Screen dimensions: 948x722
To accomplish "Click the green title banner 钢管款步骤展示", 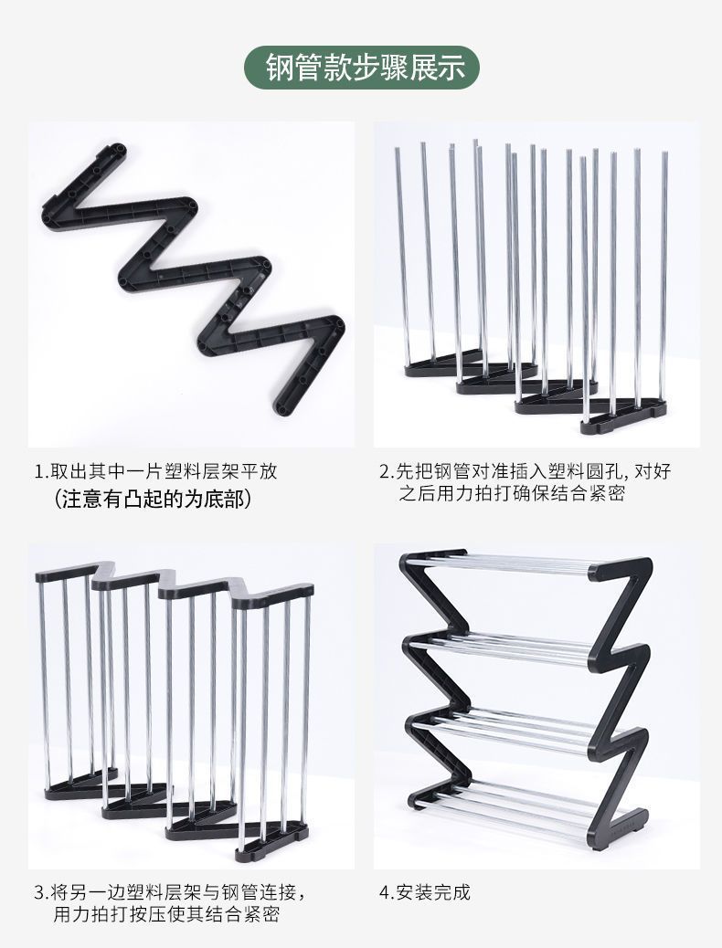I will coord(361,68).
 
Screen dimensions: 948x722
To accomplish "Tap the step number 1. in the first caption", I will coord(42,472).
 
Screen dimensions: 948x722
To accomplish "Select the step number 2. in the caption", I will coord(387,472).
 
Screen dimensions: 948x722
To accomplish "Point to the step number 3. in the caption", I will coord(42,892).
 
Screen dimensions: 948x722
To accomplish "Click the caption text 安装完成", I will coord(433,892).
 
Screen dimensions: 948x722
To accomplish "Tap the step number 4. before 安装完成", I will coord(387,892).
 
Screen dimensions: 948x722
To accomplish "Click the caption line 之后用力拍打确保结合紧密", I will coord(513,494).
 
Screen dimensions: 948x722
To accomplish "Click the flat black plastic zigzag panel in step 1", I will coord(196,274).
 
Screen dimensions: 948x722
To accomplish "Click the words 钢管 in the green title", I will coord(292,68).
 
